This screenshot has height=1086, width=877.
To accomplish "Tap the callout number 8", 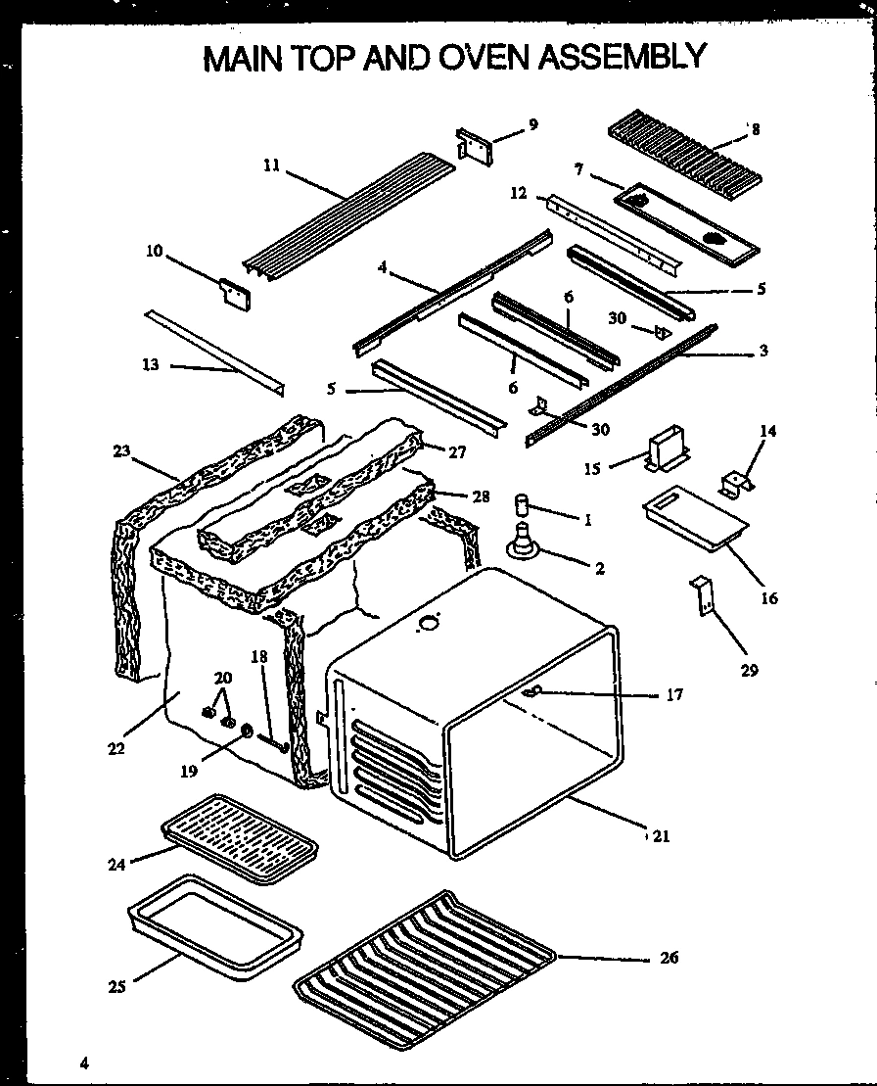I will pos(755,128).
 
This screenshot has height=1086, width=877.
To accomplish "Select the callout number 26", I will pos(669,958).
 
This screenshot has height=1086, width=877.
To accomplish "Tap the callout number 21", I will pos(662,835).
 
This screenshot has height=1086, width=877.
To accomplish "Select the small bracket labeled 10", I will pos(235,294).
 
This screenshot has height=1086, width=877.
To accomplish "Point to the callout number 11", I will pos(271,165).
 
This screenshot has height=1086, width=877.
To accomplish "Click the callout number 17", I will pos(674,694).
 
